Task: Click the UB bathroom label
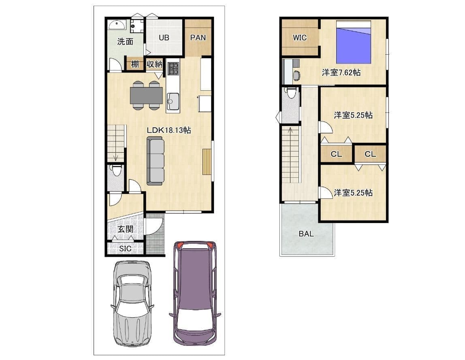click(x=164, y=38)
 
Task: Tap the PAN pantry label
click(x=198, y=38)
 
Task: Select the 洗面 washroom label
click(x=125, y=42)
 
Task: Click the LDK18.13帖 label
click(x=169, y=130)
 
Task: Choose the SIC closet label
click(x=125, y=249)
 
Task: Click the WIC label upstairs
click(x=299, y=38)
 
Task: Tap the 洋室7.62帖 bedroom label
click(x=341, y=72)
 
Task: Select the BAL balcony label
click(x=306, y=234)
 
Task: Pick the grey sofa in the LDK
click(x=156, y=161)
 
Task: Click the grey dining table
click(x=146, y=96)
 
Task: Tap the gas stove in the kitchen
click(x=173, y=69)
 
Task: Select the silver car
click(x=132, y=303)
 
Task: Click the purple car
click(x=195, y=293)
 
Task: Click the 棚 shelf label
click(x=135, y=64)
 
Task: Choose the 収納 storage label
click(x=154, y=64)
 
